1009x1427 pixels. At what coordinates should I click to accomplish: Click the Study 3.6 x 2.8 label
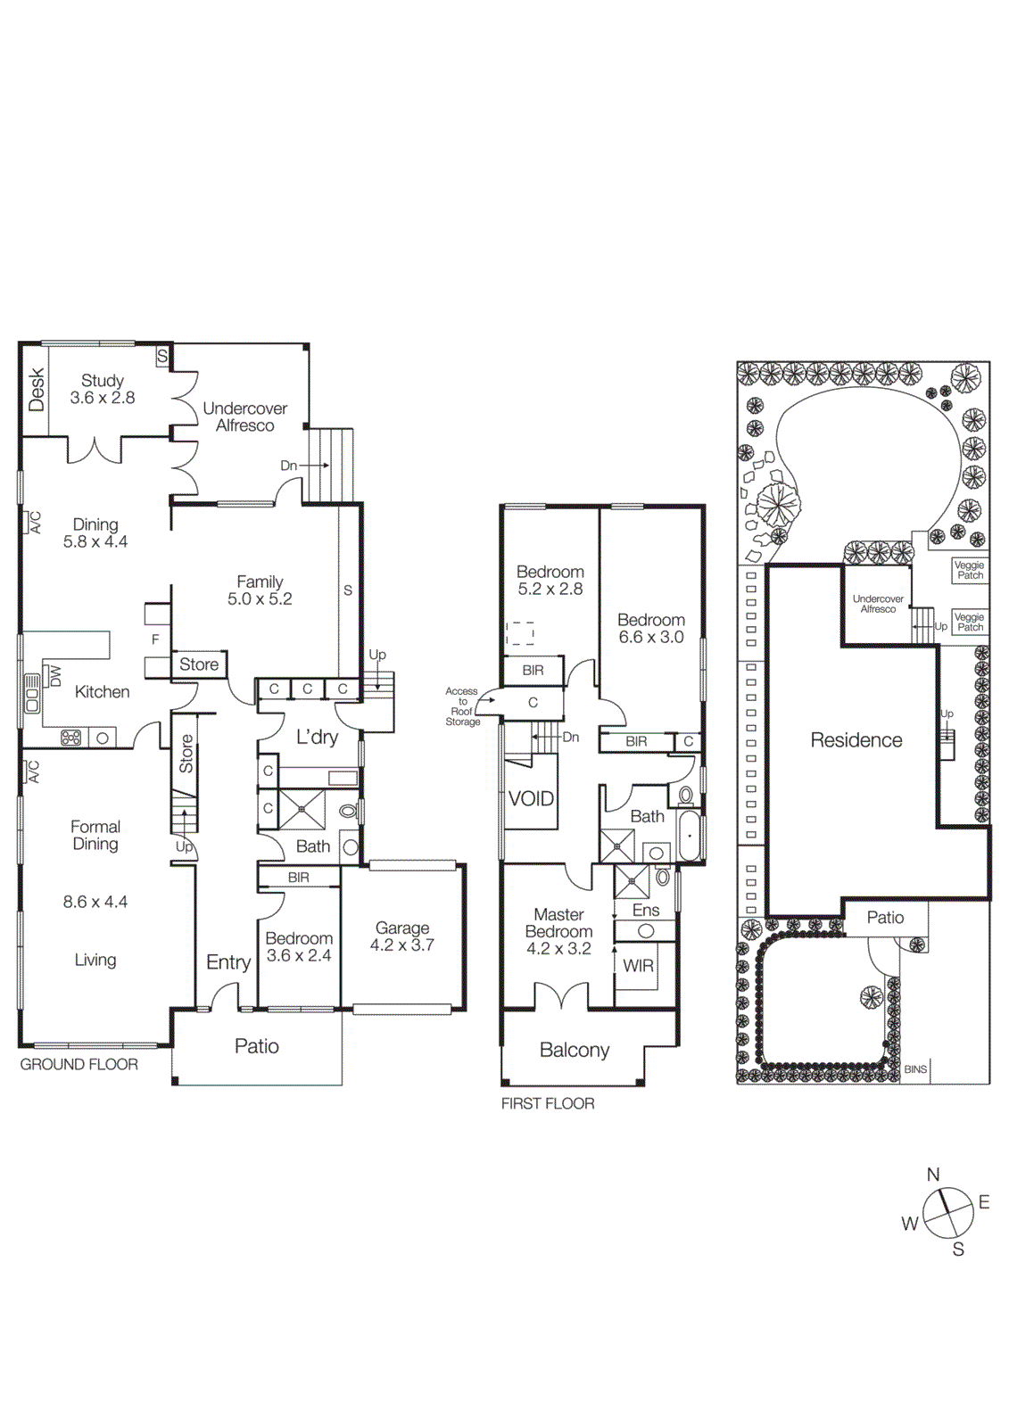point(103,390)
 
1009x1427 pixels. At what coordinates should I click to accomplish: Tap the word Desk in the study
point(37,390)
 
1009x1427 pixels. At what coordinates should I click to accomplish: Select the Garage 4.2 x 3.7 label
point(402,936)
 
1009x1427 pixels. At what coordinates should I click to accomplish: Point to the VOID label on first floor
point(531,799)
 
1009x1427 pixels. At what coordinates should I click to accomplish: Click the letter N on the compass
point(933,1175)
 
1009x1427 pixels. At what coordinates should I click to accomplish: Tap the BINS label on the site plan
point(915,1069)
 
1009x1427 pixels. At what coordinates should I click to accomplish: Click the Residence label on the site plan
point(856,740)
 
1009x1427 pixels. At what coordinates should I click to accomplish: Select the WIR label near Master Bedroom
point(638,966)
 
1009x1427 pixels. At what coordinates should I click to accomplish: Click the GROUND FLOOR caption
point(79,1065)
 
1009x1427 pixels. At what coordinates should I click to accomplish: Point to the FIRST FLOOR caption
point(548,1104)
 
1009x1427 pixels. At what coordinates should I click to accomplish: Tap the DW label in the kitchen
point(54,676)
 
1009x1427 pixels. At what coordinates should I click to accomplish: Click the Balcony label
point(575,1051)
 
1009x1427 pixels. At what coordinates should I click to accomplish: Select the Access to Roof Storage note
point(462,706)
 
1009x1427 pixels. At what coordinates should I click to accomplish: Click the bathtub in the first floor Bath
point(690,836)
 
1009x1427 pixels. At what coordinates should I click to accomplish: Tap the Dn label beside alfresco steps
point(288,466)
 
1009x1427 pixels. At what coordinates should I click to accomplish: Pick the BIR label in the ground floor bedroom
point(299,878)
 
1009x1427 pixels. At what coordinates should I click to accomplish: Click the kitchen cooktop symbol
point(71,738)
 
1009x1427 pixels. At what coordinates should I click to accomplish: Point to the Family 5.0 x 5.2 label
point(260,590)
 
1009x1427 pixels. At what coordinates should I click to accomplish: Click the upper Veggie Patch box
point(970,570)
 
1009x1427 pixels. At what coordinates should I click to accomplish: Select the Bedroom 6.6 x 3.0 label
point(651,629)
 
